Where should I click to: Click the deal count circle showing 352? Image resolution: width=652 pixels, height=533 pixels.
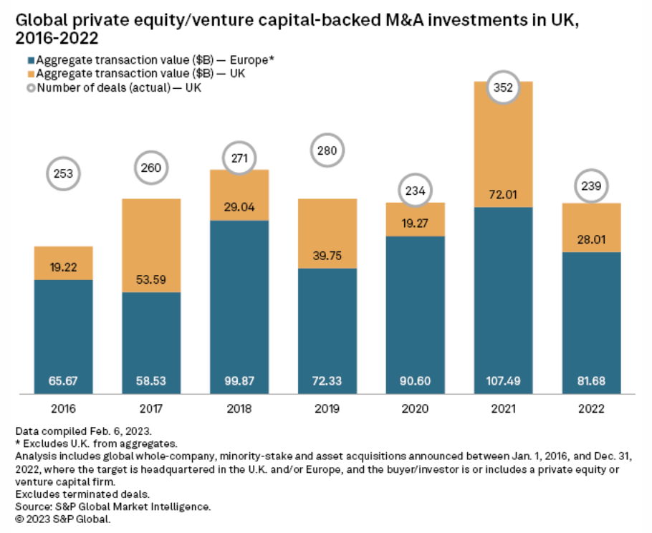[x=503, y=88]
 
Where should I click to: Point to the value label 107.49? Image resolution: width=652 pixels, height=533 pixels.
[x=503, y=380]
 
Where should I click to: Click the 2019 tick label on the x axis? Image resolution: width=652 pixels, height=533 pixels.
[x=327, y=410]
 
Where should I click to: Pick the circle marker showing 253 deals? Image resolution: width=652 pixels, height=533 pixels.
[x=64, y=173]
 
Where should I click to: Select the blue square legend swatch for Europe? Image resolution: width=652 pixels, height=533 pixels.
[x=30, y=61]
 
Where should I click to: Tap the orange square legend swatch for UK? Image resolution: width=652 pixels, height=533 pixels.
[x=30, y=75]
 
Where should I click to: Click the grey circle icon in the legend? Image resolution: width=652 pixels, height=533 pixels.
[x=30, y=88]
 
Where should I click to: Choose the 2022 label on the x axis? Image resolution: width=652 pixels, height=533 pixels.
[x=591, y=410]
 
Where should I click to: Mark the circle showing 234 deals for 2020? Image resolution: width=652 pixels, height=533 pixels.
[x=415, y=191]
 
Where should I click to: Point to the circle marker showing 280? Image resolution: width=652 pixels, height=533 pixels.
[x=327, y=151]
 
